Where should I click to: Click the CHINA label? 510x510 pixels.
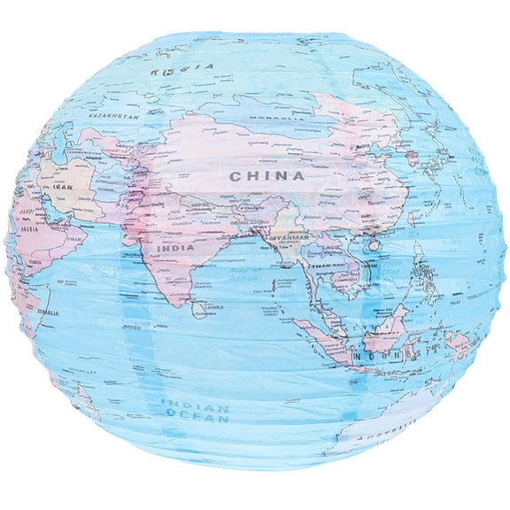pos(267,176)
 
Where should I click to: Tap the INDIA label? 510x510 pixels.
pos(175,249)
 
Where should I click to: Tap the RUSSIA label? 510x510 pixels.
pos(182,66)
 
